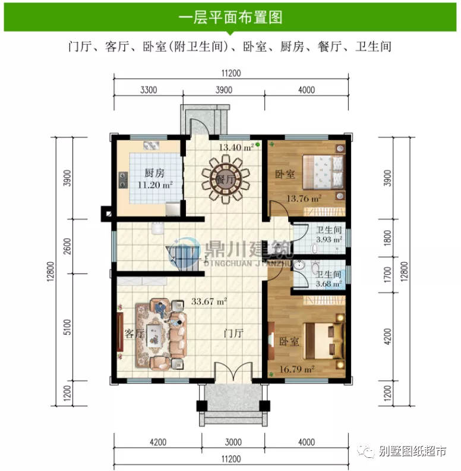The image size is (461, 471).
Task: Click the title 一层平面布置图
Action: point(230,17)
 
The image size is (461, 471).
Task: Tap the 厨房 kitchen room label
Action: point(154,174)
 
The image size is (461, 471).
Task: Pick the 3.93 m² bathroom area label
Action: point(329,240)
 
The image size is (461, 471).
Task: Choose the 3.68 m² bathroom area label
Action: point(329,284)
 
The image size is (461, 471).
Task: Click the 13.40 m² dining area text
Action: point(236,147)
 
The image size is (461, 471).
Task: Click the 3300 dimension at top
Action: point(149,90)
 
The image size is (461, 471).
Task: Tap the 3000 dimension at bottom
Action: point(233,442)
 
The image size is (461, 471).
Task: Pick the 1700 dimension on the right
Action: point(388,275)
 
